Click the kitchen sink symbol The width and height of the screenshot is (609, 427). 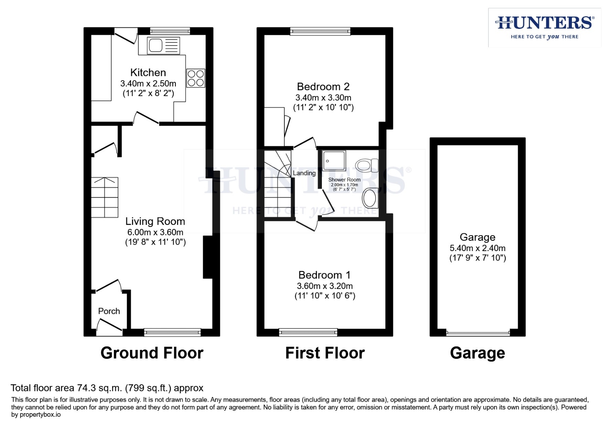click(x=163, y=45)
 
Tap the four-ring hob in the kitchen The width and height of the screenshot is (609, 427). click(x=195, y=78)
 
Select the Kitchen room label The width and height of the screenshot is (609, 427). click(x=148, y=73)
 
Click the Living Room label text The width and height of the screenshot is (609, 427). click(x=155, y=221)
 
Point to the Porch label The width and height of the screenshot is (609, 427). click(x=109, y=311)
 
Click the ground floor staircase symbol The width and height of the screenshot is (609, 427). click(x=105, y=197)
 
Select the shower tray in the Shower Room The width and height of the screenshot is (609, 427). click(x=334, y=161)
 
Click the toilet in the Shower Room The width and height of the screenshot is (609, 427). click(x=367, y=165)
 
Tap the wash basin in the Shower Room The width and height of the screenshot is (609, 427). click(x=370, y=198)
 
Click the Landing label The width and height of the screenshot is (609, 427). click(x=304, y=173)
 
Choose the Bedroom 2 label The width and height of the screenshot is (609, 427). click(x=323, y=87)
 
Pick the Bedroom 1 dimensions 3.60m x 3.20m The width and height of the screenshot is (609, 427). click(x=325, y=286)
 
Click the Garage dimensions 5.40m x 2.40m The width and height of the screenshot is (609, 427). click(x=477, y=248)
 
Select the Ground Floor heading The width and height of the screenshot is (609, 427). click(x=152, y=353)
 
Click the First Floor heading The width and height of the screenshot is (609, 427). click(x=325, y=353)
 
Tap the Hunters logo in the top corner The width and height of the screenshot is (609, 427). click(x=545, y=27)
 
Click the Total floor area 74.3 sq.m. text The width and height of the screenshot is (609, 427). click(x=107, y=388)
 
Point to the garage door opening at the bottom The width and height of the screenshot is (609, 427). click(x=478, y=333)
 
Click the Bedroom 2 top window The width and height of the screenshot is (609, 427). click(x=320, y=31)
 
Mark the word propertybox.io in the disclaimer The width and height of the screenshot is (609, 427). click(x=40, y=415)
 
